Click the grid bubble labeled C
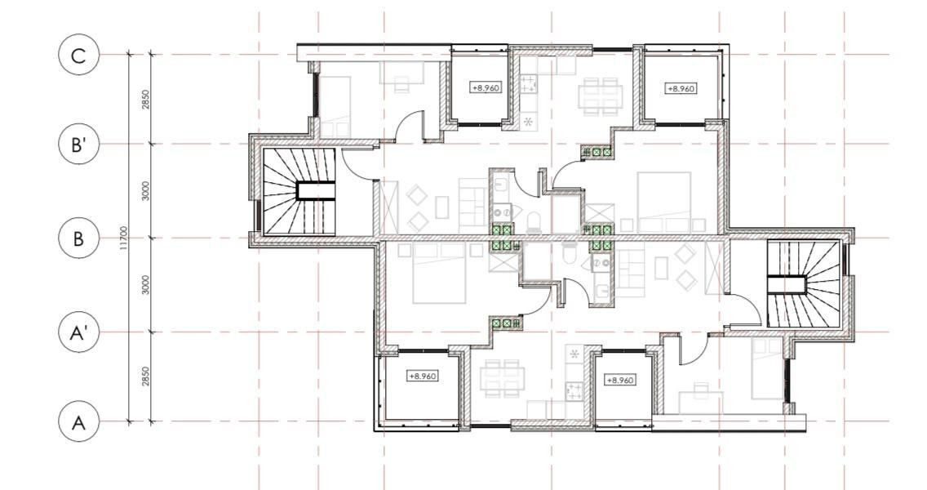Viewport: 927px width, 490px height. pos(78,55)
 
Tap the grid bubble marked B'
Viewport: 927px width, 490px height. pos(78,144)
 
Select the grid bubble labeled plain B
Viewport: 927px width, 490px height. pos(78,238)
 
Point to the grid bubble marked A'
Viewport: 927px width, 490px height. pos(78,332)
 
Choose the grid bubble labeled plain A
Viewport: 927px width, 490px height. pos(78,422)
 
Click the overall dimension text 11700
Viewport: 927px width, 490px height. pos(123,238)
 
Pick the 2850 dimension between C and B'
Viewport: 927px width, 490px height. pos(145,100)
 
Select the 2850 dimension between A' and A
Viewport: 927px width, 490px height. pos(145,376)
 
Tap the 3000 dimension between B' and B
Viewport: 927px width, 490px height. pos(145,190)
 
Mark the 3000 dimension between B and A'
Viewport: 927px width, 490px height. pos(145,285)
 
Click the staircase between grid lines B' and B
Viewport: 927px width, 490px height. pos(299,191)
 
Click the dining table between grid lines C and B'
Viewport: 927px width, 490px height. pos(601,96)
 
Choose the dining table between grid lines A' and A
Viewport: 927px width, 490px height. pos(503,379)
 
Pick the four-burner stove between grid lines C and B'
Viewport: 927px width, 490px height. pos(529,84)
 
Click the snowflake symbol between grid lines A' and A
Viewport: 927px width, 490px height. pos(574,354)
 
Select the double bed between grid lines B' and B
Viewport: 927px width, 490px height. pos(664,201)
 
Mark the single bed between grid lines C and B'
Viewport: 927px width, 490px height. pos(335,106)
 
